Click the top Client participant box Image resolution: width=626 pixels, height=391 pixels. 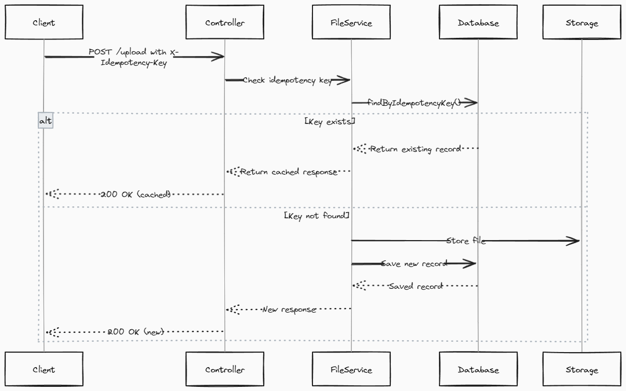tap(44, 22)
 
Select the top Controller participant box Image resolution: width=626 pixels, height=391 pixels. tap(225, 22)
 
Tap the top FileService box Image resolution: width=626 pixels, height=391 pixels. tap(351, 22)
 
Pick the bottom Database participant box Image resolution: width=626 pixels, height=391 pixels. tap(478, 370)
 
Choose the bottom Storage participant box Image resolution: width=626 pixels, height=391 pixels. tap(582, 370)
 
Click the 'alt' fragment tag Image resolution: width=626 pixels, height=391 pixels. tap(46, 120)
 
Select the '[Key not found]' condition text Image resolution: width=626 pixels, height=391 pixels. tap(317, 215)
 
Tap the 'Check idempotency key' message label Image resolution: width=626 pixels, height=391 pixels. tap(287, 80)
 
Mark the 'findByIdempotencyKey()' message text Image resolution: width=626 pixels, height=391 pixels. tap(414, 103)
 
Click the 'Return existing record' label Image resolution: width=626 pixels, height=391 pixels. tap(415, 149)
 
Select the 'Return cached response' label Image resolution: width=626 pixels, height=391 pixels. tap(289, 172)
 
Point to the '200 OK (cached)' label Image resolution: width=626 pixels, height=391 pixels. tap(135, 194)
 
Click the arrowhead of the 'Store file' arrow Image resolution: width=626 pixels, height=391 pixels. tap(574, 241)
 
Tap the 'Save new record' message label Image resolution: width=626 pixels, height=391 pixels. tap(414, 263)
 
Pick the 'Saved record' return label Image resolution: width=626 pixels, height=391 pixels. tap(416, 286)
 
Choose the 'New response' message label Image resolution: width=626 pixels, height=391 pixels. tap(289, 309)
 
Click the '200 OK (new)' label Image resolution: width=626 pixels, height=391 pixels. tap(136, 331)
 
